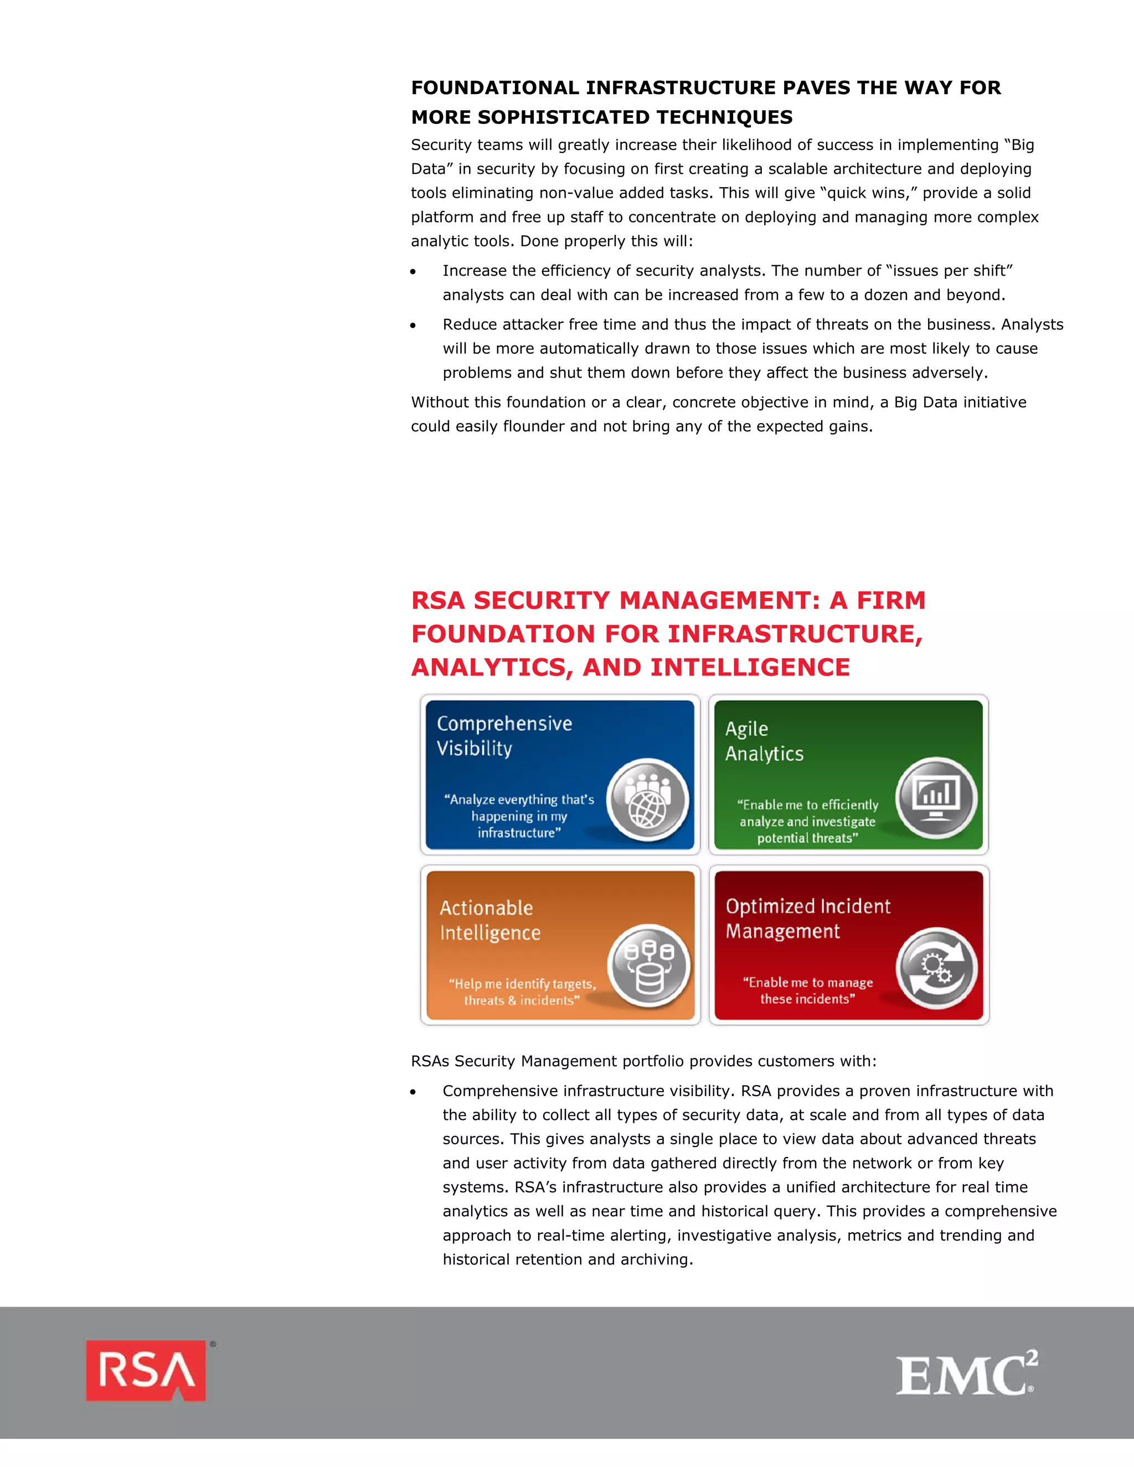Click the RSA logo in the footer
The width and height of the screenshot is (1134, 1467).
click(146, 1370)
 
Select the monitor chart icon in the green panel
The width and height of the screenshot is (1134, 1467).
click(936, 797)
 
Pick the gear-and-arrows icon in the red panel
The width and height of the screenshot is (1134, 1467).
click(936, 968)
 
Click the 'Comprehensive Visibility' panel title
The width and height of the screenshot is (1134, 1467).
click(504, 736)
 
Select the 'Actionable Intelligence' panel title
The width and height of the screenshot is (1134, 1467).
click(489, 920)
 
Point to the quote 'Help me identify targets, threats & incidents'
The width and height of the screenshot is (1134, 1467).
click(522, 992)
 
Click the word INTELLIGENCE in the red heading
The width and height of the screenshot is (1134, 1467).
click(750, 668)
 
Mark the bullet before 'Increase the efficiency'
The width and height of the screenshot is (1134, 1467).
click(413, 272)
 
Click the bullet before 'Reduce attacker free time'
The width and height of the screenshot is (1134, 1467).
click(413, 326)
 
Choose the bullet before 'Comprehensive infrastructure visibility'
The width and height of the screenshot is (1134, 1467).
click(413, 1092)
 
